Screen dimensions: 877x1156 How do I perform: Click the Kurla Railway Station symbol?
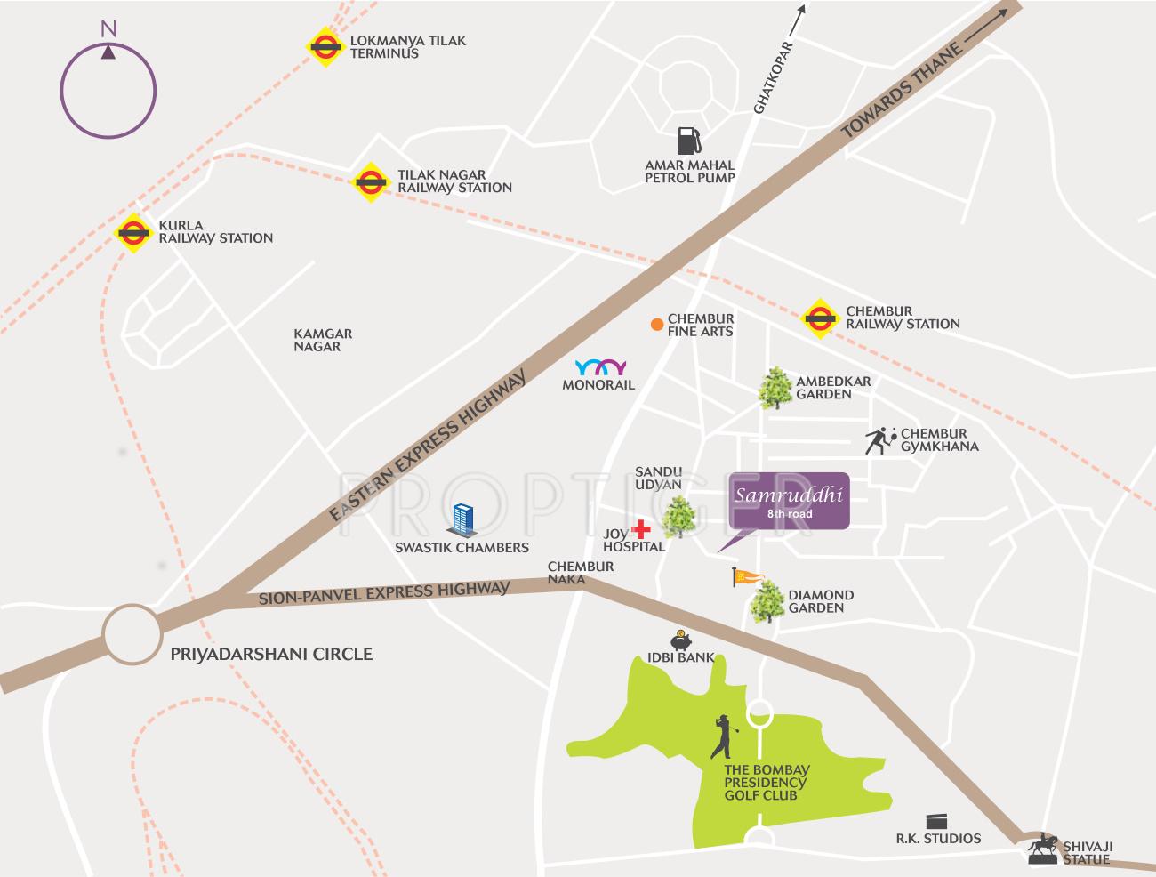point(133,233)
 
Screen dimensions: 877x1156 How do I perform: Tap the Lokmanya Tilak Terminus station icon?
point(325,47)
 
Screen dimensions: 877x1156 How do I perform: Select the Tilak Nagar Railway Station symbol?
point(370,181)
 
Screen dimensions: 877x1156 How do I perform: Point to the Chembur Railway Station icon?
point(819,318)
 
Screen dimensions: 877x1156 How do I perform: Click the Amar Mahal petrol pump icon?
point(688,141)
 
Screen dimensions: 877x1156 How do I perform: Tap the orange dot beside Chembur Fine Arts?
point(656,325)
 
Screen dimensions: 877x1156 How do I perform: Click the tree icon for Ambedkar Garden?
point(775,388)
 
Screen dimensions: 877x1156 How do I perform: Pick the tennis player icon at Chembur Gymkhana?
point(879,440)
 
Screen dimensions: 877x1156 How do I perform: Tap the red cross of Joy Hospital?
point(640,527)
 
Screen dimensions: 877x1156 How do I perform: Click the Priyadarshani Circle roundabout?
point(132,634)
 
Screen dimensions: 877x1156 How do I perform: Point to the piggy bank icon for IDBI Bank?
point(681,640)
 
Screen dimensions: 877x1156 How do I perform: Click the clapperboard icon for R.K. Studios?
point(937,820)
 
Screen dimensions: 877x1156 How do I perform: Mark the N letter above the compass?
point(108,29)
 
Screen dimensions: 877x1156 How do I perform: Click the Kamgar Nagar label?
point(323,340)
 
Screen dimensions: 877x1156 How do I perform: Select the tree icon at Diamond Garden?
point(766,602)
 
